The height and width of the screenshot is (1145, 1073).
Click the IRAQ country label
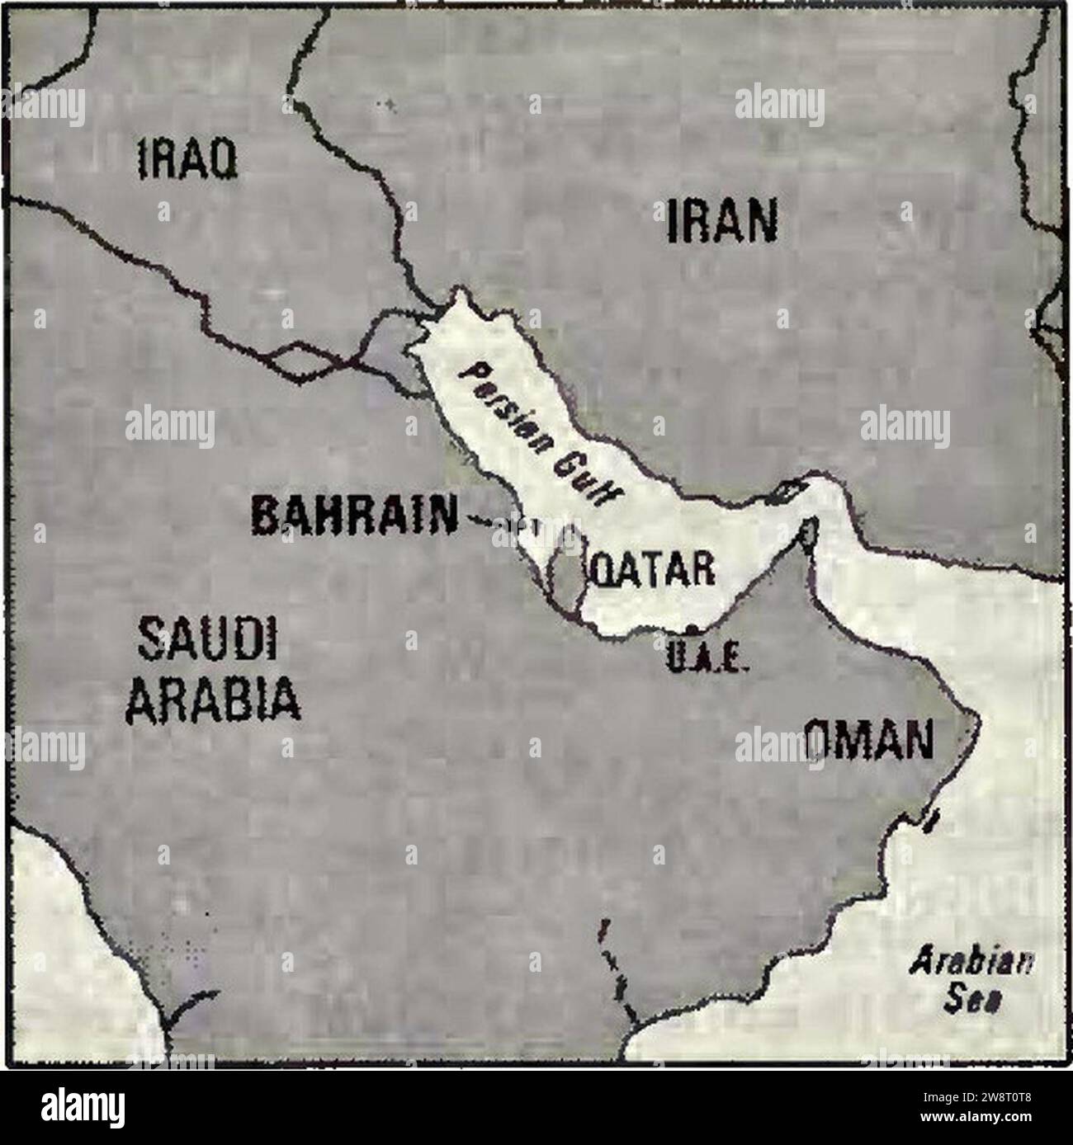[x=187, y=158]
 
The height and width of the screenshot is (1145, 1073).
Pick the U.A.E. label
[x=706, y=662]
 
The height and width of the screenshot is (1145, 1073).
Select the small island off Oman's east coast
[x=933, y=820]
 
